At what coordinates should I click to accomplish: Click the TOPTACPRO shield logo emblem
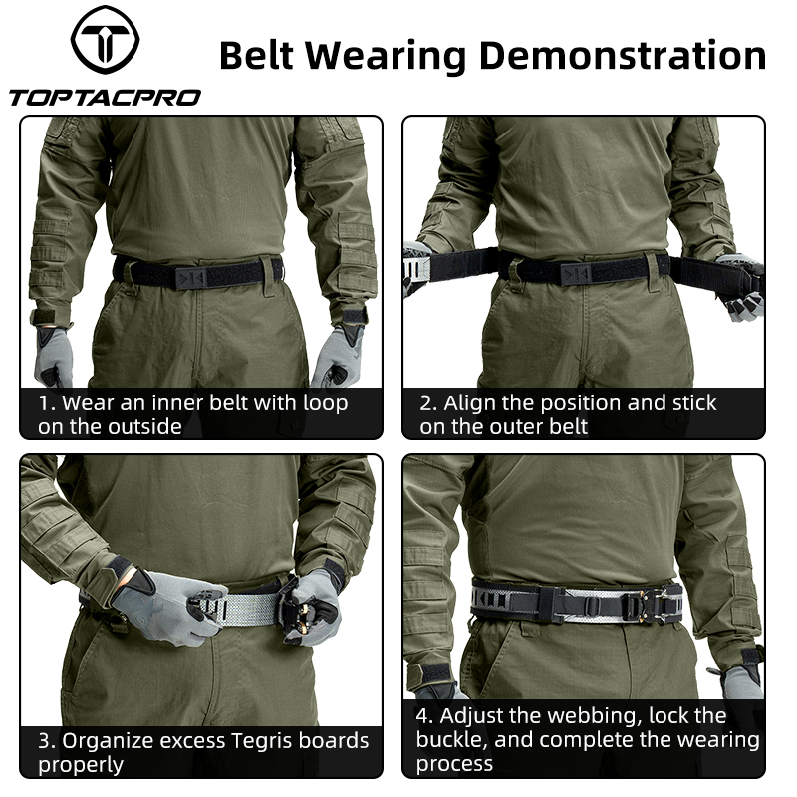pos(105,40)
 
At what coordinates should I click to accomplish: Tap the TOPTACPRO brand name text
pos(105,98)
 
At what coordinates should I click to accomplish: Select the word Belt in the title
pos(257,56)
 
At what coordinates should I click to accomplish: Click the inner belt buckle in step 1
pos(191,277)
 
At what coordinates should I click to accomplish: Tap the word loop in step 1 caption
pos(326,404)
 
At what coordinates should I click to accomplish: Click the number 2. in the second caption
pos(428,403)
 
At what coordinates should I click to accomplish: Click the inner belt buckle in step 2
pos(577,274)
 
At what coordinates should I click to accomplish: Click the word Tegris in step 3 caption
pos(261,741)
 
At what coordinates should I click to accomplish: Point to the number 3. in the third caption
pos(47,741)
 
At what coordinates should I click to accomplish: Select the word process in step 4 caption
pos(454,765)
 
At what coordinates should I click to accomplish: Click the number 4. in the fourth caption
pos(425,716)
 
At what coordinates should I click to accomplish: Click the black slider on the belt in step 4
pos(592,605)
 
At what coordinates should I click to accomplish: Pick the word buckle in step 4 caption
pos(451,740)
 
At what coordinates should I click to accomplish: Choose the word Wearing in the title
pos(387,57)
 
